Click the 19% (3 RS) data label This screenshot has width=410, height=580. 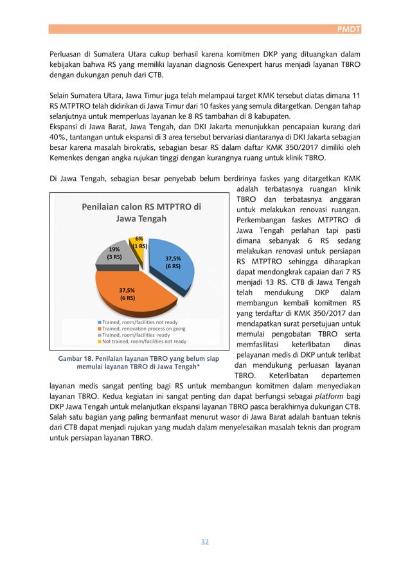[x=114, y=252]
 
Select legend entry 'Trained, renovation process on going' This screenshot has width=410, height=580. [x=138, y=328]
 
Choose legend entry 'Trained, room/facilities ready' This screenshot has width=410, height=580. [x=133, y=335]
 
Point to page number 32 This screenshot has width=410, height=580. [x=205, y=541]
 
